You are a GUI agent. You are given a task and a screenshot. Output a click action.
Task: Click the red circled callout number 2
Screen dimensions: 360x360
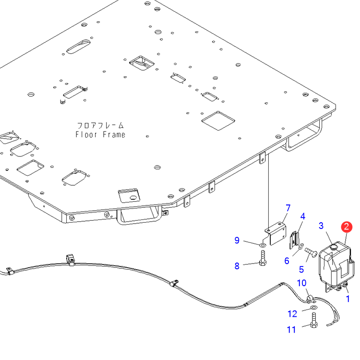346,227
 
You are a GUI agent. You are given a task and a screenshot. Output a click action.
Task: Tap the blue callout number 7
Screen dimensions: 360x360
288,208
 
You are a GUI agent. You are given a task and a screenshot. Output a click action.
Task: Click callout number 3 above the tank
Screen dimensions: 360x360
322,225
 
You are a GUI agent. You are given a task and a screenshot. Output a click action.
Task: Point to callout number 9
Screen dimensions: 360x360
237,240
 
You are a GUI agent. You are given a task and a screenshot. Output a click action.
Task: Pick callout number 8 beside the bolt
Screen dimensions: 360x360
237,265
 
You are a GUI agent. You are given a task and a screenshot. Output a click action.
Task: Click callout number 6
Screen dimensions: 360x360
287,261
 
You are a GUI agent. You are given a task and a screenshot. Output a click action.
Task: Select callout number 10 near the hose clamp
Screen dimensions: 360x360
302,283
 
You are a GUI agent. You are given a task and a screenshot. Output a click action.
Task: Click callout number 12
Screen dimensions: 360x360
292,314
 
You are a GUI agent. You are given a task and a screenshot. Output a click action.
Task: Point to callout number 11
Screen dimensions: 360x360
291,330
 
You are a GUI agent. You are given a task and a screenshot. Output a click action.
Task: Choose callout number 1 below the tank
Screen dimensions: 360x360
348,298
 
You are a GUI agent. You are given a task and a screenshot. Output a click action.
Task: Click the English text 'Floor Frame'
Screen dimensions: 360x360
100,134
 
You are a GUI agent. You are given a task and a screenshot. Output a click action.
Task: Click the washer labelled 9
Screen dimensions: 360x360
263,245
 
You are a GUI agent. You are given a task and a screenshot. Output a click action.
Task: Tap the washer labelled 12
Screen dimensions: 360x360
313,308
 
